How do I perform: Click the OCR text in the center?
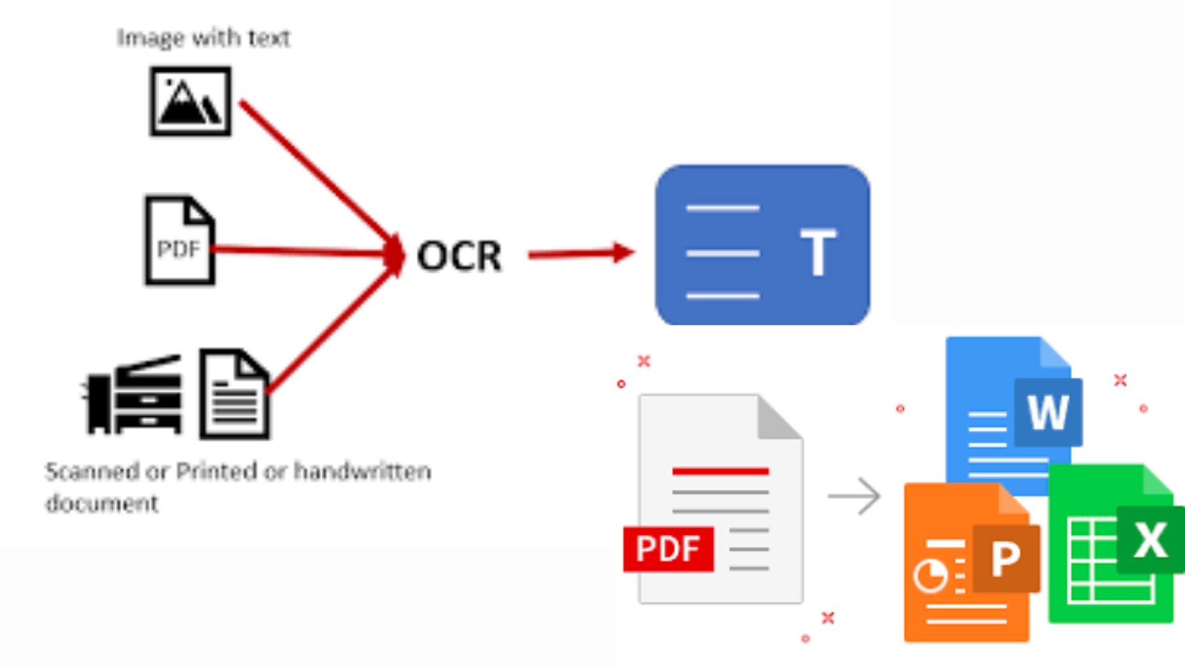coord(459,256)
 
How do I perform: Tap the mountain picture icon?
coord(191,101)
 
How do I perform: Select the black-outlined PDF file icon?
coord(180,241)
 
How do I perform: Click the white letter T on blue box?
coord(818,252)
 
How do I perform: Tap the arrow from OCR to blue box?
coord(580,253)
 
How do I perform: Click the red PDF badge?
coord(668,548)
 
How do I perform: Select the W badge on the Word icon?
coord(1048,412)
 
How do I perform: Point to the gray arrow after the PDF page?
coord(855,495)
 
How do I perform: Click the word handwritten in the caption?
coord(362,472)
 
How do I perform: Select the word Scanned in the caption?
coord(92,472)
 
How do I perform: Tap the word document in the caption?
coord(102,503)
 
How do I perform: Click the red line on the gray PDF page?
coord(720,471)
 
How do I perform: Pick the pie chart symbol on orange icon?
coord(930,576)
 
